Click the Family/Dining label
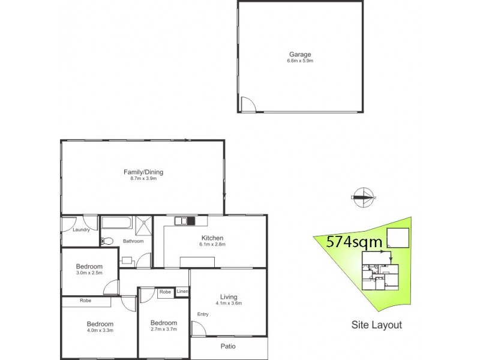point(143,172)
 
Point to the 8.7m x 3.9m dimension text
point(143,179)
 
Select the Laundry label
point(81,229)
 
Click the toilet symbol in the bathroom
point(107,241)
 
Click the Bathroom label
point(133,241)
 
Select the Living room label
point(229,297)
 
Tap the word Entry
point(203,314)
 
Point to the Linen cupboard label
point(182,292)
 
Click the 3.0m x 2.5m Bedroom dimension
point(89,273)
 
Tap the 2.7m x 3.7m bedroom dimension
point(164,329)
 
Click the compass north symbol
point(362,196)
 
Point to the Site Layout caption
point(376,325)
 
